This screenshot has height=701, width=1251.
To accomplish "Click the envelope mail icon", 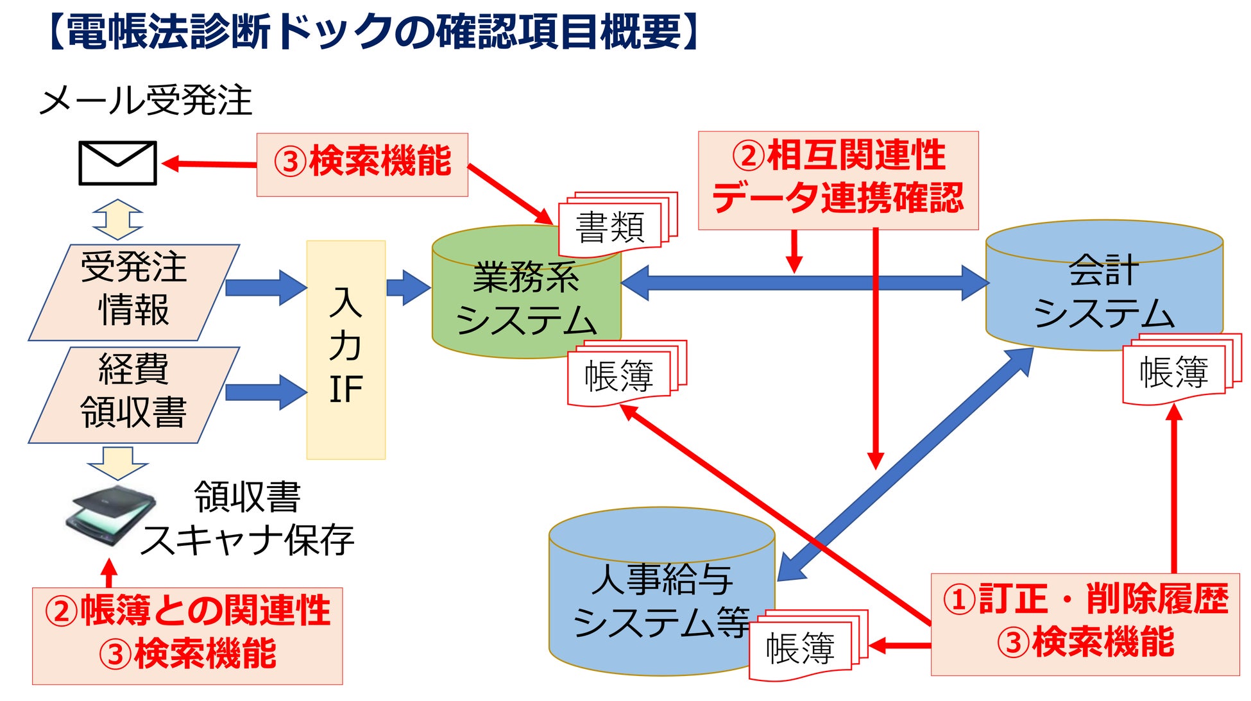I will (117, 163).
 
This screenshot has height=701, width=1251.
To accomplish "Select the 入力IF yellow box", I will (346, 350).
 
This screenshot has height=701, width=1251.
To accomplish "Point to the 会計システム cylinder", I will (1103, 289).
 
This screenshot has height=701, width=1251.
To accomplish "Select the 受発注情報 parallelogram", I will (133, 292).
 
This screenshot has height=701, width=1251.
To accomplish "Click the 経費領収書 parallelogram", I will (133, 394).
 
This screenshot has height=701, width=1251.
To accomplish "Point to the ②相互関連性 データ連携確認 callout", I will (838, 180).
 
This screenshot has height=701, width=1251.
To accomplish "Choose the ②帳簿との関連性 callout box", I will (187, 636).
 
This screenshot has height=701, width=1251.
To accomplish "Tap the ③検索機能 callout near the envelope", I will (362, 164).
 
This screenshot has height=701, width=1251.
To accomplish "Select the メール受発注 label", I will (146, 100).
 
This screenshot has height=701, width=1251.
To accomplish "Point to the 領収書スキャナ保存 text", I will (247, 518).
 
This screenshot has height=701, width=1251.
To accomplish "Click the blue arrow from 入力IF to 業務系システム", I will (408, 287).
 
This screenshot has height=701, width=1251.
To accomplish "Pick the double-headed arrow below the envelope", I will (117, 219).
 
